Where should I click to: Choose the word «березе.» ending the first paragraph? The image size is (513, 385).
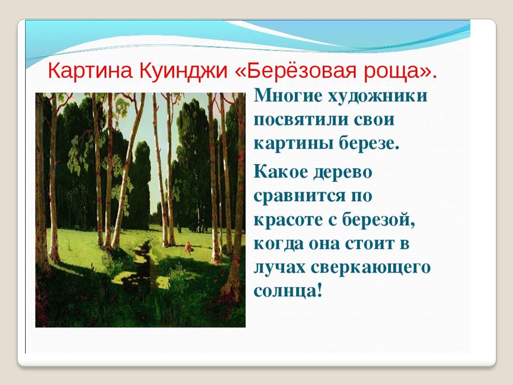click(x=369, y=143)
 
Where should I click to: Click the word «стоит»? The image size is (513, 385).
click(x=369, y=244)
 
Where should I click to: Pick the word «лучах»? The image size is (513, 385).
click(x=279, y=268)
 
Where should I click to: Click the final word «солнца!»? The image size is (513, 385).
click(x=288, y=291)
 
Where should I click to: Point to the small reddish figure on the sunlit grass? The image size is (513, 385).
click(x=188, y=248)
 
